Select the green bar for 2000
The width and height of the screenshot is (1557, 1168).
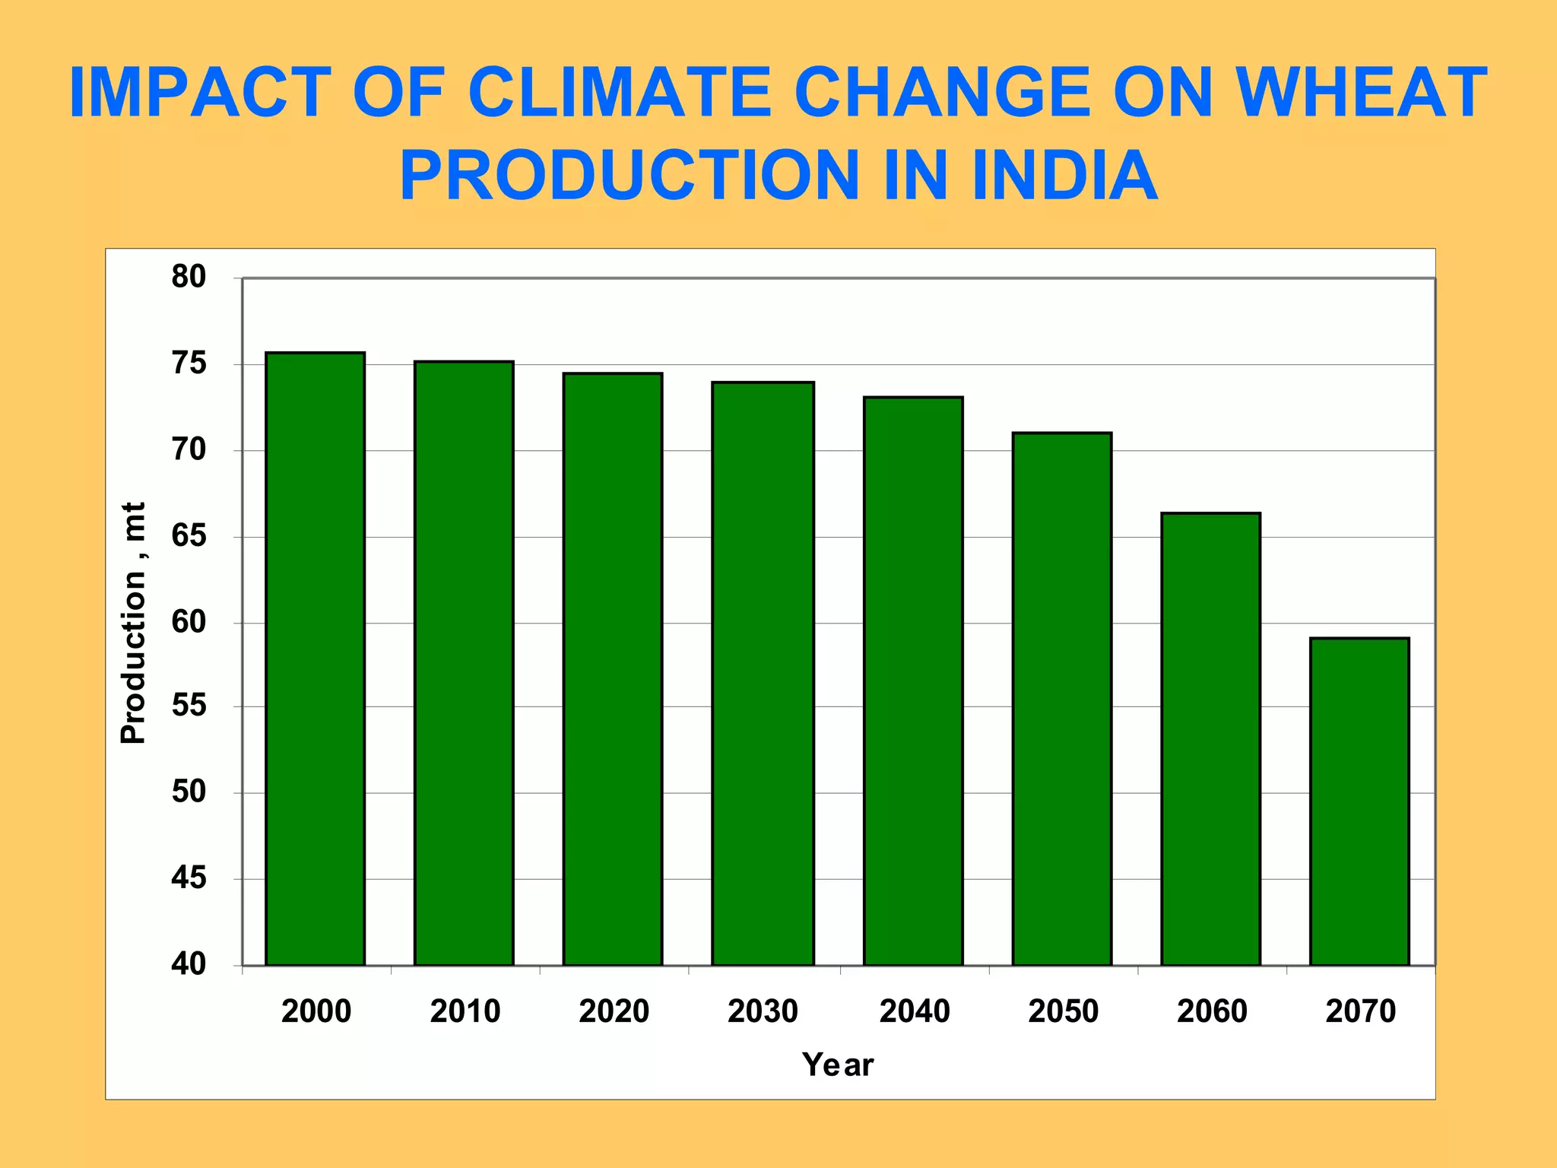tap(315, 659)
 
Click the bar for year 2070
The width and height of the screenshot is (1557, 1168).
tap(1359, 801)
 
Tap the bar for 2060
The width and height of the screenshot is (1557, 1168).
tap(1210, 739)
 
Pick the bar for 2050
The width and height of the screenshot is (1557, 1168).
tap(1062, 699)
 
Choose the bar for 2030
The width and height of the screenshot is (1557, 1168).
tap(763, 674)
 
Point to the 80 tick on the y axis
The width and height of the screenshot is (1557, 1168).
tap(189, 278)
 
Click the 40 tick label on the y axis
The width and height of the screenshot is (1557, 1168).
tap(189, 964)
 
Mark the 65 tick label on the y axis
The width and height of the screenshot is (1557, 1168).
tap(189, 536)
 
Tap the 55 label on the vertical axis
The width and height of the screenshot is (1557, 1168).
tap(189, 706)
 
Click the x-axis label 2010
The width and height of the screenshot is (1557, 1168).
tap(465, 1011)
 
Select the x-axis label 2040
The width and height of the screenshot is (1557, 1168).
tap(915, 1011)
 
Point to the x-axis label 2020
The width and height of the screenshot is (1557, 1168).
tap(614, 1011)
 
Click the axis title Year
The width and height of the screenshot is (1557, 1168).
tap(838, 1065)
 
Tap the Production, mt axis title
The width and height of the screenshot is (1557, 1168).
tap(134, 623)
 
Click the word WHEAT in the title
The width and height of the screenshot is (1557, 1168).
tap(1361, 93)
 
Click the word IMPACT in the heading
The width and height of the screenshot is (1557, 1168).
tap(200, 93)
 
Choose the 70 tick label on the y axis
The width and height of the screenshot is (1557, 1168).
tap(189, 450)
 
